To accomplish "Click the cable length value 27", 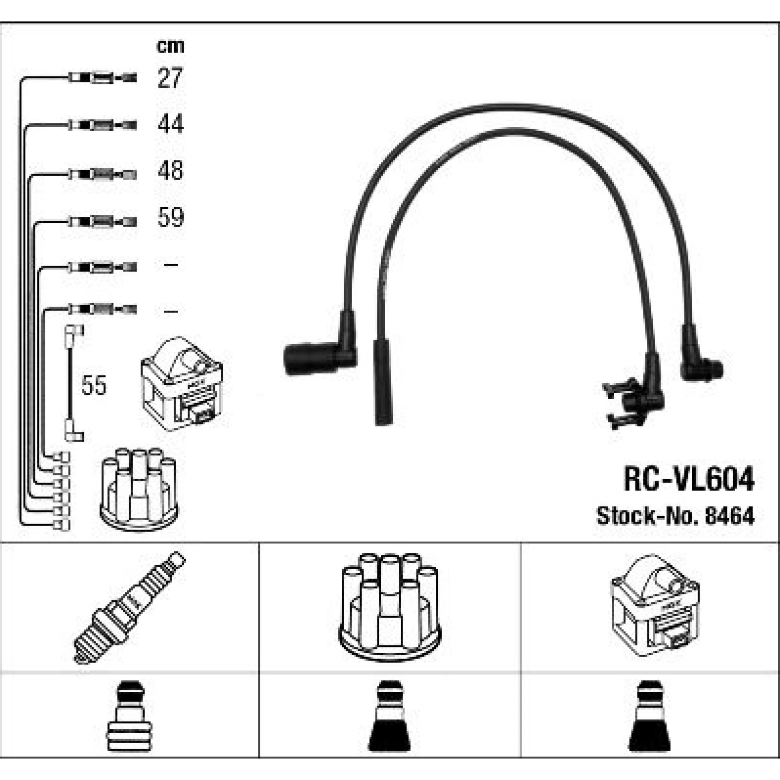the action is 170,78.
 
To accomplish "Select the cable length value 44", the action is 171,124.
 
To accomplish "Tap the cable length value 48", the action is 170,171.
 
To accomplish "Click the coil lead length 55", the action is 94,385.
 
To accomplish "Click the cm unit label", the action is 170,46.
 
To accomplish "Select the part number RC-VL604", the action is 689,479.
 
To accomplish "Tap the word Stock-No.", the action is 648,516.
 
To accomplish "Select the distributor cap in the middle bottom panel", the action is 390,606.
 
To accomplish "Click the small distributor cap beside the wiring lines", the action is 139,489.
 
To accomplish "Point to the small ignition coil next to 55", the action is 181,384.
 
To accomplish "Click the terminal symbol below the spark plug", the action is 130,716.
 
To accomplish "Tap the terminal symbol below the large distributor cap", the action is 390,716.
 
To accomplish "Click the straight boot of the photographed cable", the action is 382,383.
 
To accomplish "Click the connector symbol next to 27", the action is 102,78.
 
